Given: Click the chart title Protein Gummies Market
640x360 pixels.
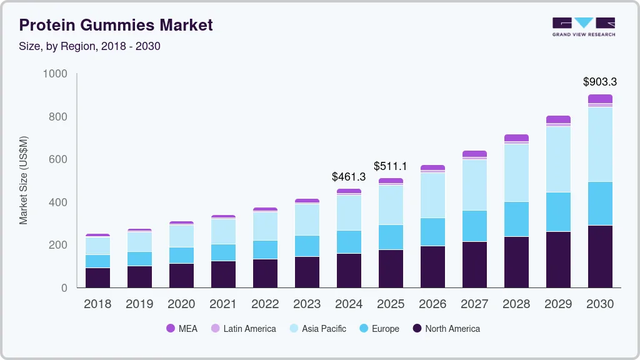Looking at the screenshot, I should coord(116,25).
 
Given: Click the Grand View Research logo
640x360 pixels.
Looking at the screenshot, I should coord(583,26).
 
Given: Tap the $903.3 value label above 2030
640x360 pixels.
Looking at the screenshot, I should coord(599,82).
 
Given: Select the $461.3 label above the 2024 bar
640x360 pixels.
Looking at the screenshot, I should coord(349,177).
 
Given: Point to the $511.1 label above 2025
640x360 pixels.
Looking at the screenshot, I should coord(391,166).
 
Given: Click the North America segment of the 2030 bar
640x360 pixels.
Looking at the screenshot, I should coord(599,256).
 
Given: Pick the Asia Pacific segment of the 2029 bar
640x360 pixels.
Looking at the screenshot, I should coord(558,159).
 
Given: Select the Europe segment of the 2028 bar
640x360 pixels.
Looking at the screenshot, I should coord(516,219).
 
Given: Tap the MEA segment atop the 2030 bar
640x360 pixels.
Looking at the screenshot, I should coord(599,99).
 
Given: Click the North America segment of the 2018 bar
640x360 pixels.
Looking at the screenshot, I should coord(97,277).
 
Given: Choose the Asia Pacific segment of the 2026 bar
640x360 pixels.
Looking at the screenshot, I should coord(432,195).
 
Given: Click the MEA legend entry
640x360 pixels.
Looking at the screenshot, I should coord(182,329).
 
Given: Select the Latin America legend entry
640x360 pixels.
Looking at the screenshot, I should coord(243,329).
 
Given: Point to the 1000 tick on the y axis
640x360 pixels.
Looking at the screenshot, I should coord(54,74).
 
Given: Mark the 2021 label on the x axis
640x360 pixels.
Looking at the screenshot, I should coord(223,304).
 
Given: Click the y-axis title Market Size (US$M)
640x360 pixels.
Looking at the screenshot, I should coord(23,180).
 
